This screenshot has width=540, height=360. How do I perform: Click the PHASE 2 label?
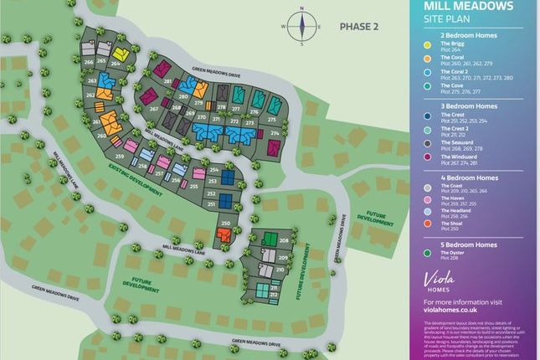358,27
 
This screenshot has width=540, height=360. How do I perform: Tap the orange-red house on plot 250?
224,238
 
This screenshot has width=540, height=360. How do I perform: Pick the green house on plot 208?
270,239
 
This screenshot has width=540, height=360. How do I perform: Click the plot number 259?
121,157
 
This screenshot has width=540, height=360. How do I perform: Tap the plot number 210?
281,270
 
